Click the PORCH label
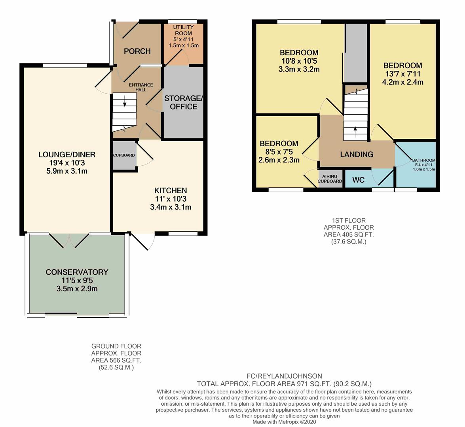tap(137, 51)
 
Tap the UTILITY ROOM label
tap(183, 30)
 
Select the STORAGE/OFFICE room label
tap(184, 102)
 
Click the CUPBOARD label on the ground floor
tap(124, 155)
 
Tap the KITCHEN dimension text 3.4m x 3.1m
tap(171, 207)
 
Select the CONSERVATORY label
tap(77, 272)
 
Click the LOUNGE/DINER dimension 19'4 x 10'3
tap(67, 162)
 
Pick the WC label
tap(358, 180)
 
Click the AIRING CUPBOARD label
tap(330, 179)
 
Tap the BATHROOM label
tap(424, 160)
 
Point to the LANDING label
tap(357, 154)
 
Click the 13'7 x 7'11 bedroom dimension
tap(402, 74)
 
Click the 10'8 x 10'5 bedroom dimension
tap(299, 61)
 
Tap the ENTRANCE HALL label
tap(141, 87)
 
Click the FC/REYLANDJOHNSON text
tap(284, 376)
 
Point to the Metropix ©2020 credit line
tap(284, 422)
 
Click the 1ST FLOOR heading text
tap(349, 221)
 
